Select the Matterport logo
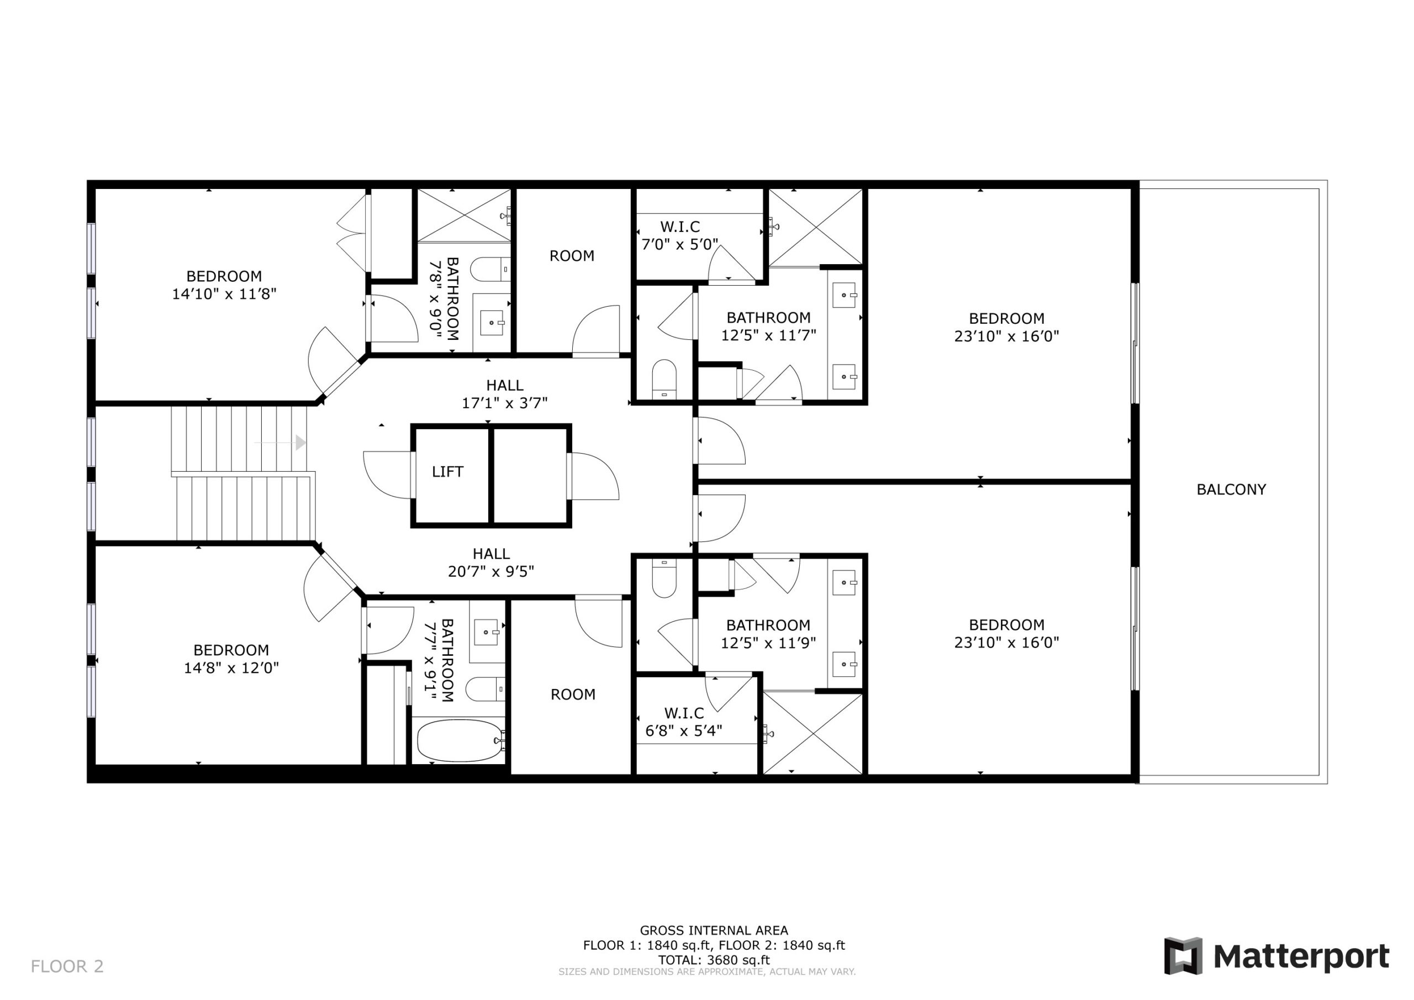(1276, 956)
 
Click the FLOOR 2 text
(67, 966)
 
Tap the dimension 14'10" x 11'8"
(224, 294)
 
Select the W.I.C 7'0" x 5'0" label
(680, 235)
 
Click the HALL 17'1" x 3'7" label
(505, 394)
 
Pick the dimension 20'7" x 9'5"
(491, 572)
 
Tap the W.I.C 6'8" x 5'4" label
(684, 722)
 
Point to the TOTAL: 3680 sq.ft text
(714, 960)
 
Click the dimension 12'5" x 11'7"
(768, 335)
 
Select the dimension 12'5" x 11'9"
(768, 643)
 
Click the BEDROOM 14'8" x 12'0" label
(231, 659)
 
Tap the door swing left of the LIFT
(387, 475)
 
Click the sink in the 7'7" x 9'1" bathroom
(487, 632)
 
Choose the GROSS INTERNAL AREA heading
(714, 930)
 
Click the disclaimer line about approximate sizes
(707, 972)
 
